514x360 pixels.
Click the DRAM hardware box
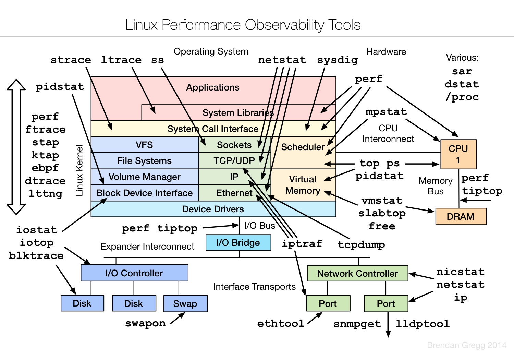click(461, 217)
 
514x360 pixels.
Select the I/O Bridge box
click(238, 243)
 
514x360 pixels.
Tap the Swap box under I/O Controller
click(185, 304)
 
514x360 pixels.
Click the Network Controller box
click(357, 273)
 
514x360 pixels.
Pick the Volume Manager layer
click(145, 177)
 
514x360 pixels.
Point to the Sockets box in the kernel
click(234, 145)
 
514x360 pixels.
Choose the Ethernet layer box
click(234, 193)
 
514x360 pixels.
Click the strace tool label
click(71, 60)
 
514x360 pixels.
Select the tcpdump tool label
click(362, 244)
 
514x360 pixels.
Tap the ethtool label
click(281, 323)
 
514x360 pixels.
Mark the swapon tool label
click(145, 323)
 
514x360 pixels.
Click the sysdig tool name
click(338, 60)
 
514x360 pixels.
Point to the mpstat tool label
click(386, 112)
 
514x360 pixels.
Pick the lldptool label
click(423, 324)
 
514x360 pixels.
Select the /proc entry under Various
click(462, 97)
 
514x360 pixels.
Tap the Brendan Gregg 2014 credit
click(467, 345)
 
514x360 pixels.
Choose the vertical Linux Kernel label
click(79, 170)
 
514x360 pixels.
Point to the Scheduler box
click(303, 147)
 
